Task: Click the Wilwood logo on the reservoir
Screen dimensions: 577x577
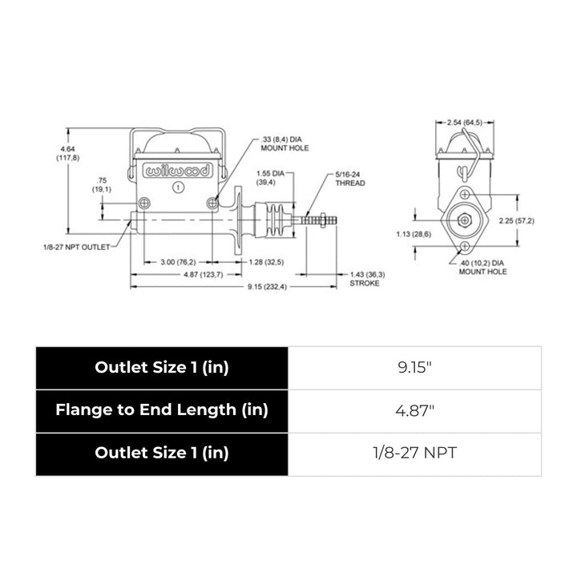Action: coord(177,171)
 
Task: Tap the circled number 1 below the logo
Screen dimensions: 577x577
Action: coord(178,187)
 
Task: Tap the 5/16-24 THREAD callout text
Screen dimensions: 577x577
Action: coord(349,179)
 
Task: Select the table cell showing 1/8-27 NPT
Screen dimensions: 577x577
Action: coord(414,453)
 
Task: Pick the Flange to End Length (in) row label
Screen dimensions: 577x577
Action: coord(161,410)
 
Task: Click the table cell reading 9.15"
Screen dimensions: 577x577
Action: coord(414,367)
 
